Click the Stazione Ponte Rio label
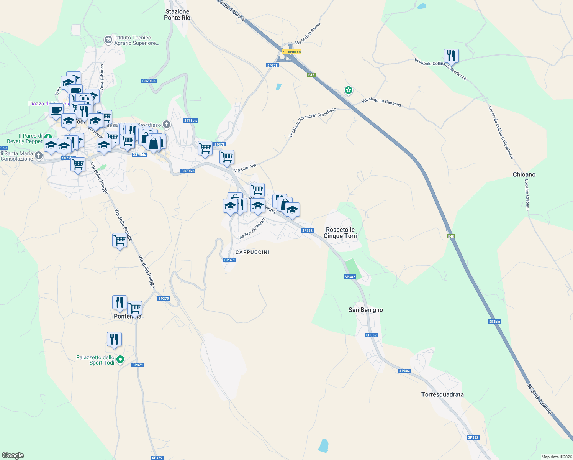tap(177, 15)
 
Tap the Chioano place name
tap(524, 174)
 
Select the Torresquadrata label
tap(442, 394)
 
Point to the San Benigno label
tap(365, 310)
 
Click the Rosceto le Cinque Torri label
tap(340, 233)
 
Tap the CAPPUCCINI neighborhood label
tap(252, 252)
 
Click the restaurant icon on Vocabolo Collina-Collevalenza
tap(451, 56)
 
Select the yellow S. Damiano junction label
tap(291, 52)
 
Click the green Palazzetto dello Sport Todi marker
tap(120, 360)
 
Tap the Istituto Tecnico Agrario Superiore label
tap(136, 40)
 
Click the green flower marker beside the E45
tap(348, 90)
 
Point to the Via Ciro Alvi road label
tap(245, 168)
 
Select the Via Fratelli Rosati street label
tap(251, 229)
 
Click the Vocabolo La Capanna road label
tap(381, 102)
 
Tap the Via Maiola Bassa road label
tap(308, 33)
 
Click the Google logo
tap(13, 455)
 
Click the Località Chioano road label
tap(527, 195)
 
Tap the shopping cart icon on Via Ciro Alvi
tap(227, 157)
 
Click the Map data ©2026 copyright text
tap(556, 457)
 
